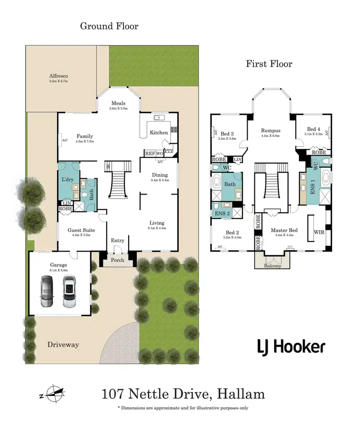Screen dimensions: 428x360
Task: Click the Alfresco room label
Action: click(x=59, y=76)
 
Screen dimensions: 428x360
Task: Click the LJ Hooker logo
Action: click(x=291, y=347)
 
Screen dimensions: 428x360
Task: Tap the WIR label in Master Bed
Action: click(x=319, y=232)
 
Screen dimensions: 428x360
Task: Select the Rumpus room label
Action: click(x=271, y=130)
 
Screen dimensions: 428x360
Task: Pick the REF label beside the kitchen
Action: click(x=150, y=154)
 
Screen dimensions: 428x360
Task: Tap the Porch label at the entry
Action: click(x=118, y=260)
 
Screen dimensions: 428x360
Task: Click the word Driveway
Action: click(x=63, y=345)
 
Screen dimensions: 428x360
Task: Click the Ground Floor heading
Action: click(x=109, y=26)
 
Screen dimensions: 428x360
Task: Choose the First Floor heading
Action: click(x=269, y=64)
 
